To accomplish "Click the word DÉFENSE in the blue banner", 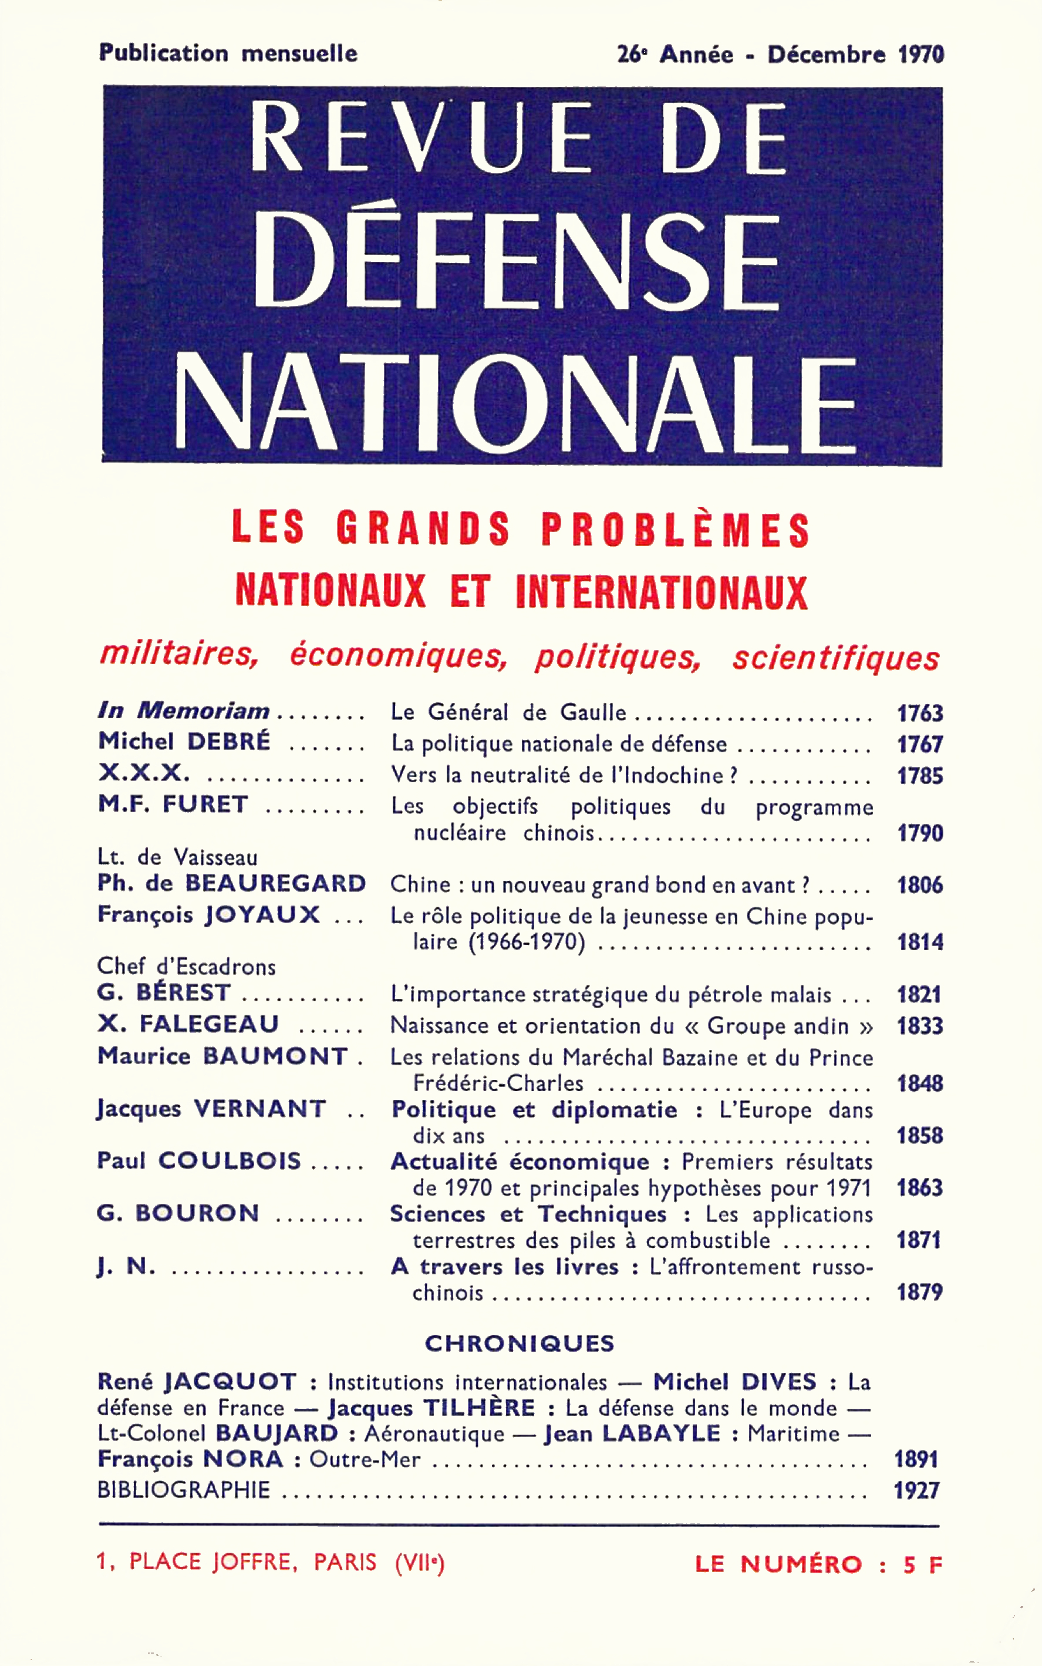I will click(x=516, y=261).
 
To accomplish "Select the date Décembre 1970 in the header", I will click(x=855, y=55).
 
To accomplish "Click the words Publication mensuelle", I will click(x=228, y=53).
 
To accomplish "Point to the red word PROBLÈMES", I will click(x=675, y=529).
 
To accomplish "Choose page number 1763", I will click(x=919, y=713).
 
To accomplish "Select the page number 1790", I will click(x=919, y=833).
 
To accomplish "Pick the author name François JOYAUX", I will click(x=208, y=915).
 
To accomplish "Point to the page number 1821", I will click(x=919, y=995).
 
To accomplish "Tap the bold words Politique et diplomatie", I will click(x=534, y=1110).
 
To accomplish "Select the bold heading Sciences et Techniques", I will click(x=528, y=1214).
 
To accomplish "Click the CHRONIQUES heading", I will click(x=520, y=1344).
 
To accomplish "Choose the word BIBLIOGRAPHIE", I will click(x=183, y=1490).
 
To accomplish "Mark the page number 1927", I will click(x=916, y=1491).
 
